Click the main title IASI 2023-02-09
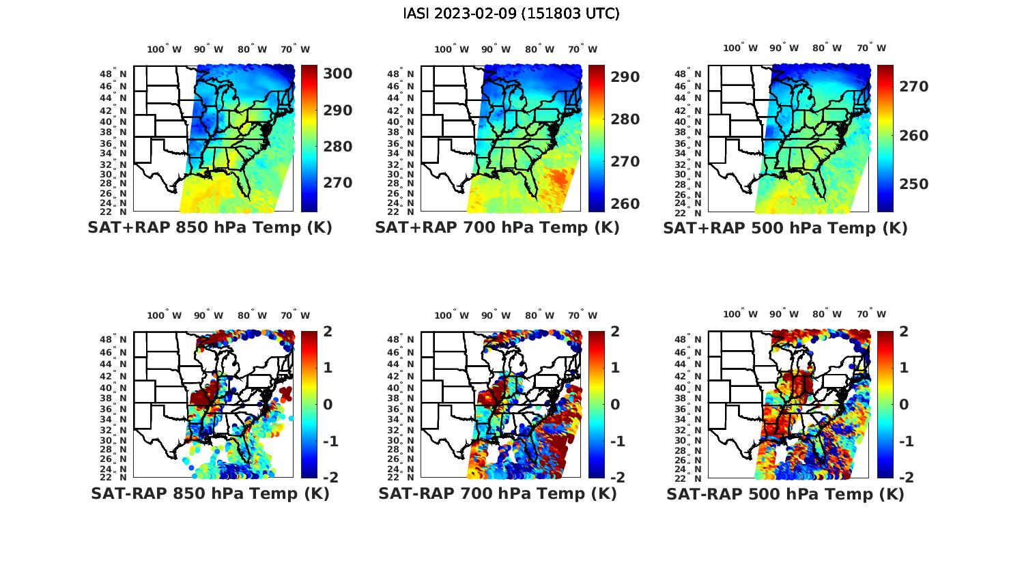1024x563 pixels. click(x=511, y=14)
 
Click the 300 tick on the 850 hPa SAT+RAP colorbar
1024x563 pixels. click(x=337, y=74)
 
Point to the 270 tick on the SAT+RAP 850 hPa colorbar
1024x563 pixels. click(x=337, y=183)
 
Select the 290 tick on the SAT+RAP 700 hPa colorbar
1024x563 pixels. click(x=625, y=77)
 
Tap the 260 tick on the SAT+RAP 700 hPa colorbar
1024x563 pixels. click(x=625, y=203)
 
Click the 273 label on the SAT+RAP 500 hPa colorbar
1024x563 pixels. click(x=913, y=86)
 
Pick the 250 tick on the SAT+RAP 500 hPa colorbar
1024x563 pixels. click(x=913, y=184)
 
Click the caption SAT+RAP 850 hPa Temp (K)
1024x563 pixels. click(x=210, y=228)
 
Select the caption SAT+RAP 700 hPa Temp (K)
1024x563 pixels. click(x=497, y=228)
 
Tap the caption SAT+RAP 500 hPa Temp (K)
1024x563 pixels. click(x=785, y=229)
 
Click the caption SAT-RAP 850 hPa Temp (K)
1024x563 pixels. click(x=210, y=493)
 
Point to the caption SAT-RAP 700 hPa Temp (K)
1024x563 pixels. click(x=497, y=493)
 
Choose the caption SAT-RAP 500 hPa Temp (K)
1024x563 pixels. click(x=785, y=494)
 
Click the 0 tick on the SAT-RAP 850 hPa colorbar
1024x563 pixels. click(x=327, y=405)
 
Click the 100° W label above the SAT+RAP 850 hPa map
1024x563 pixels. click(x=165, y=49)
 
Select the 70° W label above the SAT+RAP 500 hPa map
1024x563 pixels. click(x=872, y=48)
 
